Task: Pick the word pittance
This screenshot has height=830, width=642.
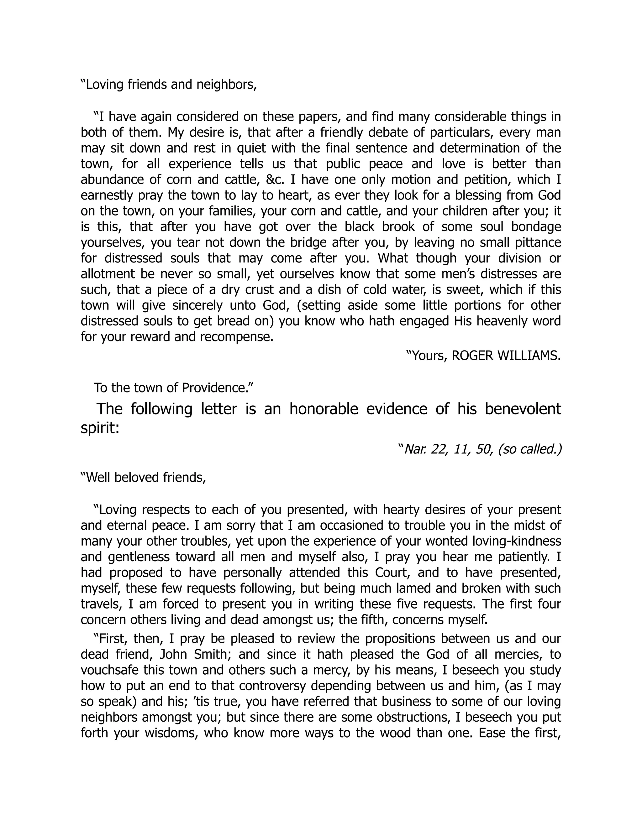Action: pos(535,242)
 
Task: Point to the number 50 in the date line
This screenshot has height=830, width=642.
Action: pos(484,449)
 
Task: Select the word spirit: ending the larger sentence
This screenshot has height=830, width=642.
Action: pos(100,428)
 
